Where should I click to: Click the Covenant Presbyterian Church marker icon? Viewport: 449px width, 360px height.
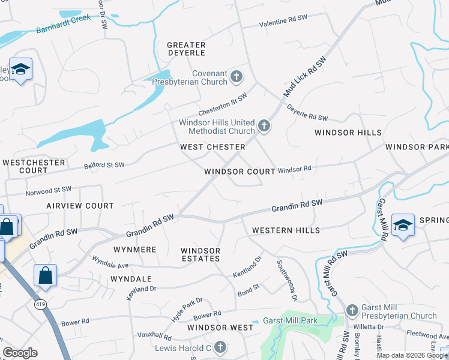pos(237,77)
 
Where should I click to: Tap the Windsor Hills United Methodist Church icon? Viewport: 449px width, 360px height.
pos(264,126)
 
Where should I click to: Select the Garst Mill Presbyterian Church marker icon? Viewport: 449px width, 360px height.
pos(352,310)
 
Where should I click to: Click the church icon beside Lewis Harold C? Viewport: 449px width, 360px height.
pos(220,347)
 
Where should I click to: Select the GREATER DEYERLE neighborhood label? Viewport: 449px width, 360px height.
pos(186,49)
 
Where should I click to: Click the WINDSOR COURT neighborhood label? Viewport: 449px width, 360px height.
pos(239,172)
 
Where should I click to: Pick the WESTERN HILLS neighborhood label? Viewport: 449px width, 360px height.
pos(286,230)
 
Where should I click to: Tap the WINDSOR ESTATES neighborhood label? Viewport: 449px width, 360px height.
pos(200,254)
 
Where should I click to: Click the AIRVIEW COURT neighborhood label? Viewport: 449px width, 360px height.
pos(80,206)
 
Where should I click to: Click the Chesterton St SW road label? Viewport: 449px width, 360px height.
pos(223,105)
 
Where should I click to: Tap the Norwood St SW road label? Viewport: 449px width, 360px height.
pos(49,191)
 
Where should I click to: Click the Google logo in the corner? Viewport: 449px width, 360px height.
pos(20,353)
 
